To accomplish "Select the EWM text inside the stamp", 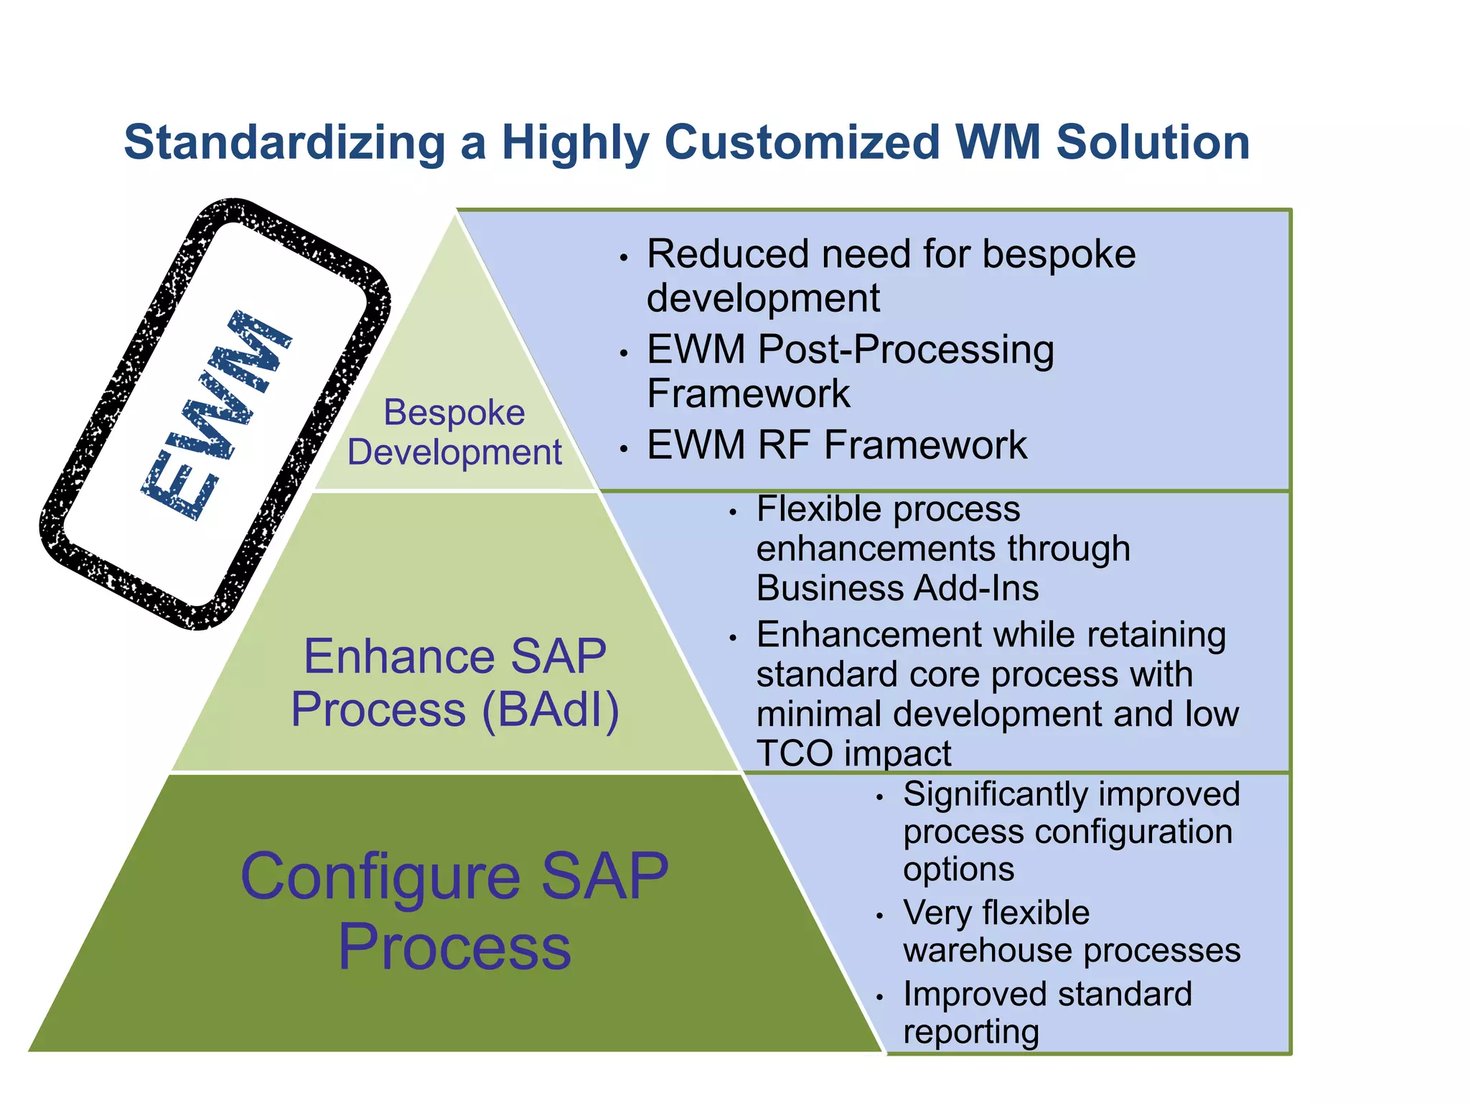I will [215, 416].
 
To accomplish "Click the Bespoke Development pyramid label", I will [454, 432].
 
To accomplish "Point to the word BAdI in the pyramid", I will [550, 709].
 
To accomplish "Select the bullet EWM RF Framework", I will [836, 445].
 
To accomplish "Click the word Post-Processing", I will [906, 350].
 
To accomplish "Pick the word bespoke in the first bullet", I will [1059, 254].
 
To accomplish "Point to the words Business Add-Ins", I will [897, 588].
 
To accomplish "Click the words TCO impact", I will [853, 753].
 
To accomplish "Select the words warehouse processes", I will [1071, 950].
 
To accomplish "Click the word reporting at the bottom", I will [970, 1031].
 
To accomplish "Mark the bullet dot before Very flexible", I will [879, 916].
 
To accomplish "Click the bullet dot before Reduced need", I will [624, 258].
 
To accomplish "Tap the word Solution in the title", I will [1153, 142].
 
